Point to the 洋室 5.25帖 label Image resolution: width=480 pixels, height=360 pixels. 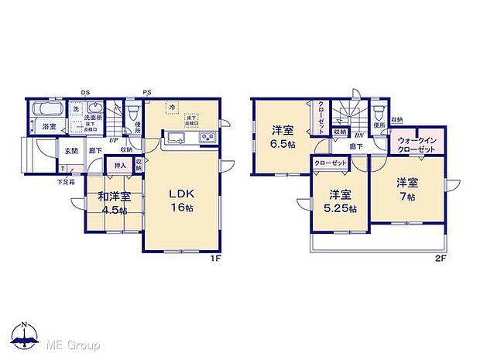coord(341,201)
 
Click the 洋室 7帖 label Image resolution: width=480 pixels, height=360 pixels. coord(408,190)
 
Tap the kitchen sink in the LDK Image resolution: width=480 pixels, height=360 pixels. coord(173,139)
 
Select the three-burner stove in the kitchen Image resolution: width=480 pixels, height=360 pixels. coord(208,139)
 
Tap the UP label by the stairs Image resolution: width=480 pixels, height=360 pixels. coord(114,140)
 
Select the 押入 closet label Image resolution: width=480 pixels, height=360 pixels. coord(121,166)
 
